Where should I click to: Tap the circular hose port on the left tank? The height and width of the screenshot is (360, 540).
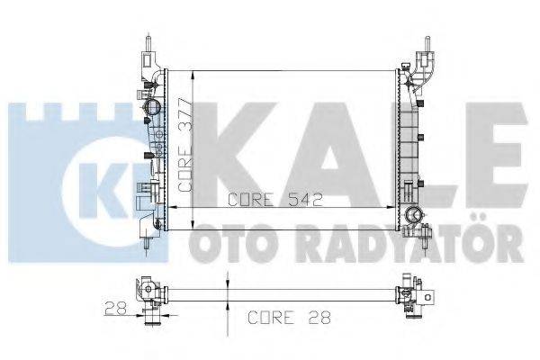(x=149, y=111)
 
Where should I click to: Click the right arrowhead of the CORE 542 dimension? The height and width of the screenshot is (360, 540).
(x=392, y=209)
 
